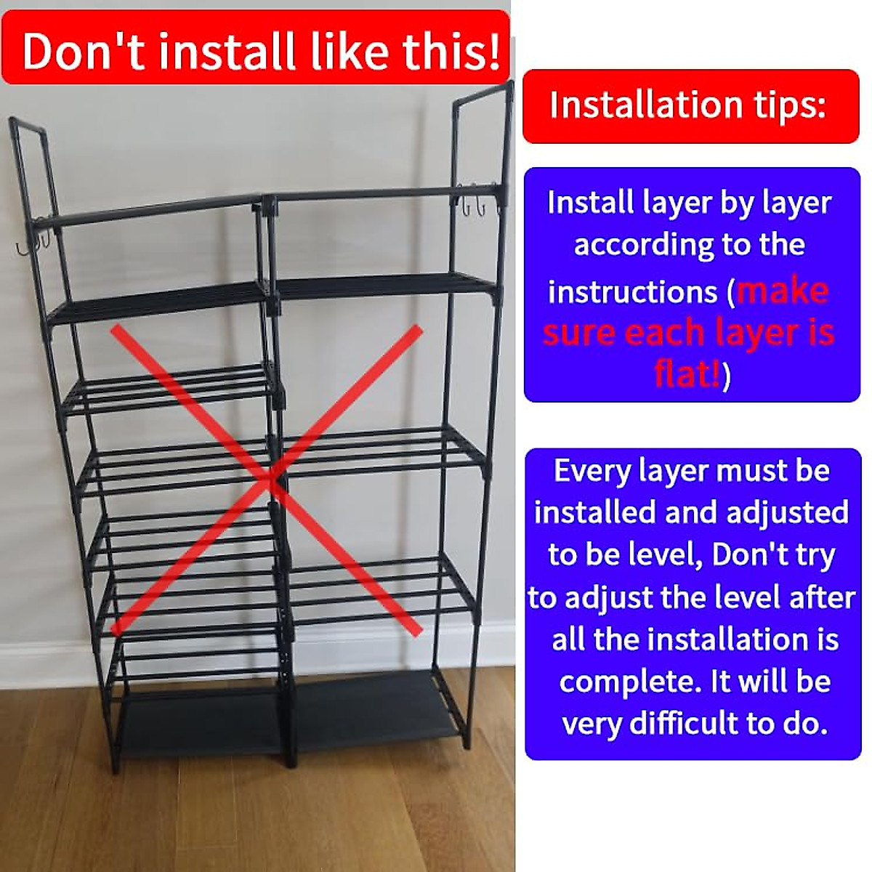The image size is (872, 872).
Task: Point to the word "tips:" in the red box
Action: [789, 105]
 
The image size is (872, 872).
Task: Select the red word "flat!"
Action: [687, 375]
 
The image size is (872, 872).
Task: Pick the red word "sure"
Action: [579, 334]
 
